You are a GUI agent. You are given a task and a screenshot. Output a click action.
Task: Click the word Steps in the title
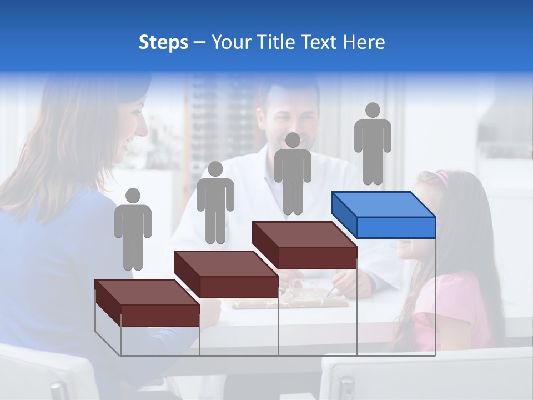pos(163,43)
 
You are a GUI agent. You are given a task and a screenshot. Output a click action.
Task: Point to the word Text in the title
pos(319,42)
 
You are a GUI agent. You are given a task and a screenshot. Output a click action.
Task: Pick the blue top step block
pos(383,214)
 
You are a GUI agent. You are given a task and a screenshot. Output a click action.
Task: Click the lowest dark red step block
pos(147,303)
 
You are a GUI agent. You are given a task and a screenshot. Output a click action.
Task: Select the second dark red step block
pos(226,274)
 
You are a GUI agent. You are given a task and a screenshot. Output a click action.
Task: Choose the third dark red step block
pos(304,245)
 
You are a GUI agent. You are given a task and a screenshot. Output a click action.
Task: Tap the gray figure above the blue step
pos(373,144)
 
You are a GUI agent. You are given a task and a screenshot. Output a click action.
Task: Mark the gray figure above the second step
pos(215,203)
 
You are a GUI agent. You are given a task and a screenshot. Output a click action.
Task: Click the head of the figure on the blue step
pos(373,110)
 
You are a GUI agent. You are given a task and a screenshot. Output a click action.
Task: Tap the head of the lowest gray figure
pos(133,196)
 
